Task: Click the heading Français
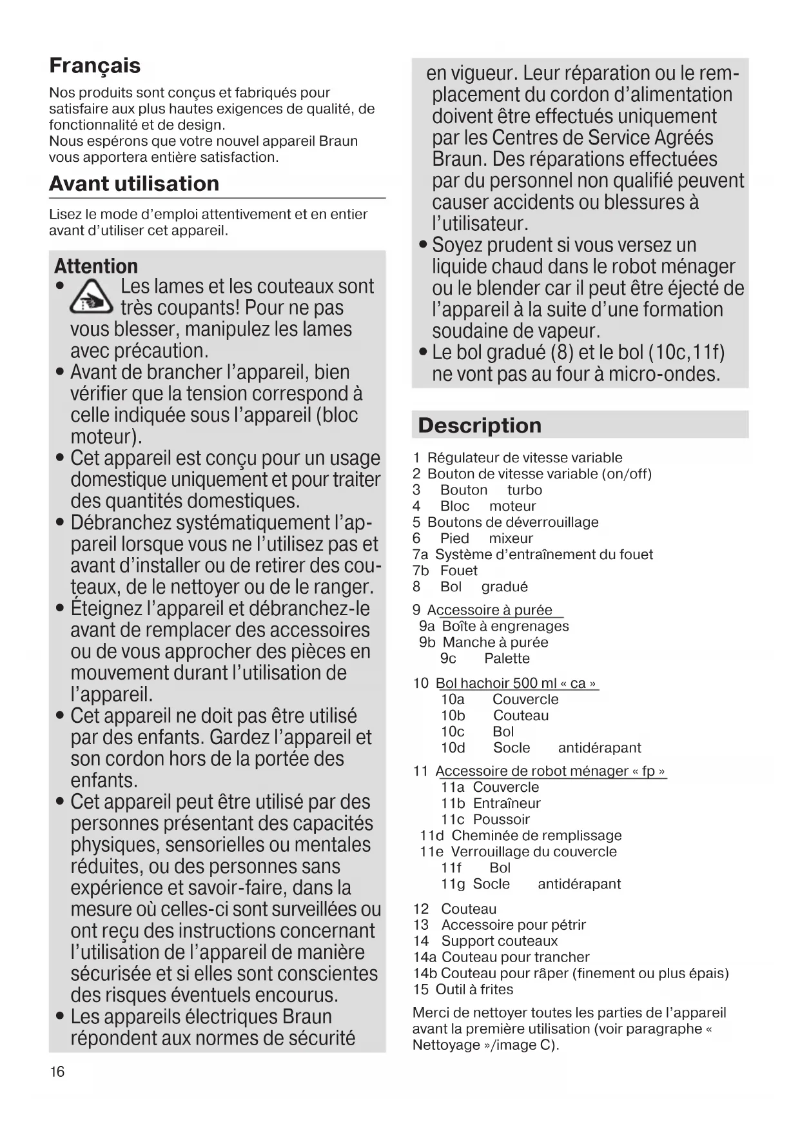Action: click(95, 66)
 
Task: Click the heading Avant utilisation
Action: click(134, 184)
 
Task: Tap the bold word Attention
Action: click(96, 266)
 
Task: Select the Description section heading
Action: click(480, 426)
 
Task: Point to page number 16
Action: click(57, 1072)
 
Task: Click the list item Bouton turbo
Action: click(491, 490)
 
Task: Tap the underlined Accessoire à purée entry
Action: click(489, 610)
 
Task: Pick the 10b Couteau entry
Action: click(494, 716)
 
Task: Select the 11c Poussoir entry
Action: click(485, 820)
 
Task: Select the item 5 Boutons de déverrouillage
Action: click(512, 522)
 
